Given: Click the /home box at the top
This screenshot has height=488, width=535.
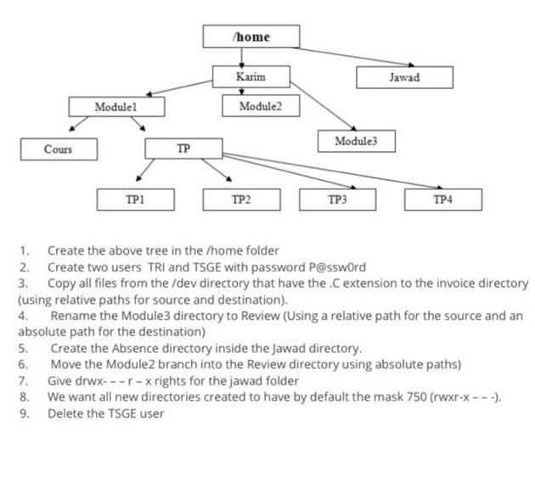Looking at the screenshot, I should click(x=251, y=36).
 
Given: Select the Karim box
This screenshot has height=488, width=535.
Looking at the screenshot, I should click(x=251, y=77).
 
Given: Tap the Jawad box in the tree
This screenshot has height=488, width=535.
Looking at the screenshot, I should click(x=404, y=77).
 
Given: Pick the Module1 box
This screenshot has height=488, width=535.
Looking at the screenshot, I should click(x=116, y=107).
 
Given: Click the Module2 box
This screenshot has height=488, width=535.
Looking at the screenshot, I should click(x=259, y=106).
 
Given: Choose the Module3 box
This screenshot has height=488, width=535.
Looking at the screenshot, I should click(x=356, y=141).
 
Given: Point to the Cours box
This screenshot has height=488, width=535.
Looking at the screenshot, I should click(x=59, y=149).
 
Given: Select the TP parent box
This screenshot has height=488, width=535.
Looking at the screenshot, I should click(x=183, y=149).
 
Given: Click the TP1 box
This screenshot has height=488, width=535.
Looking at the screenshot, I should click(x=135, y=199).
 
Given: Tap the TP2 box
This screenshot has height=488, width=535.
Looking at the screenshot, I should click(x=241, y=199).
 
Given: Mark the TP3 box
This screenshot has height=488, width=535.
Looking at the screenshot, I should click(x=338, y=199).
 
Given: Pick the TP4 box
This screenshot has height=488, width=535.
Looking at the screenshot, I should click(x=442, y=199).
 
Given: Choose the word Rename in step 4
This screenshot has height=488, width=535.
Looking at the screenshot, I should click(x=74, y=316).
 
